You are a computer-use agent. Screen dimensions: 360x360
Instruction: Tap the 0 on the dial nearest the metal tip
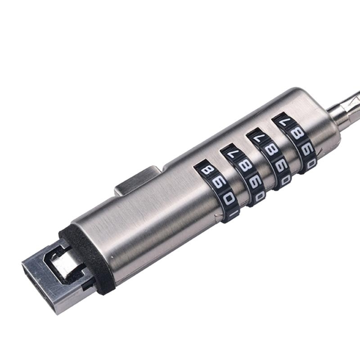pyautogui.click(x=229, y=199)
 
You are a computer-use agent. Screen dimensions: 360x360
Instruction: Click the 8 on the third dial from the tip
pyautogui.click(x=269, y=150)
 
